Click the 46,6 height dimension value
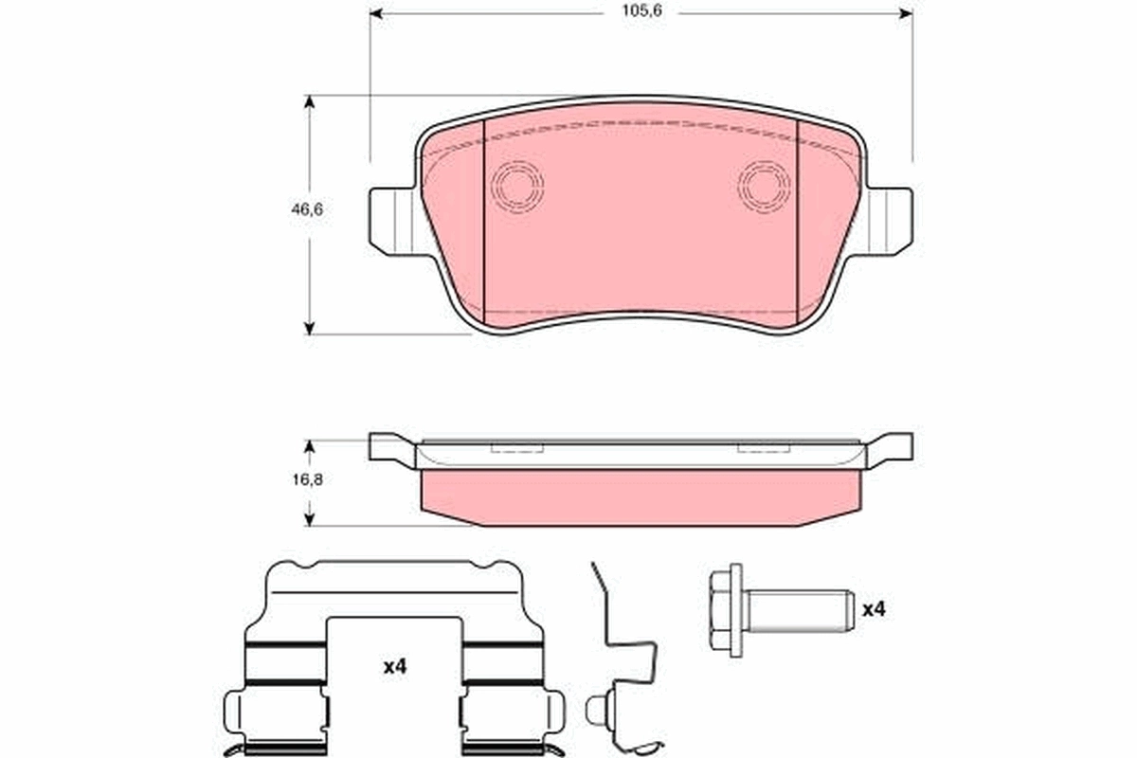(x=307, y=211)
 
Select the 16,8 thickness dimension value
(x=307, y=479)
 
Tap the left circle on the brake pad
(x=517, y=185)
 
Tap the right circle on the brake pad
(x=764, y=185)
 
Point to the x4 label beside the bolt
(x=873, y=609)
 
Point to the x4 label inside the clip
(x=394, y=667)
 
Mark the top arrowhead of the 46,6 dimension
(x=309, y=101)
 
